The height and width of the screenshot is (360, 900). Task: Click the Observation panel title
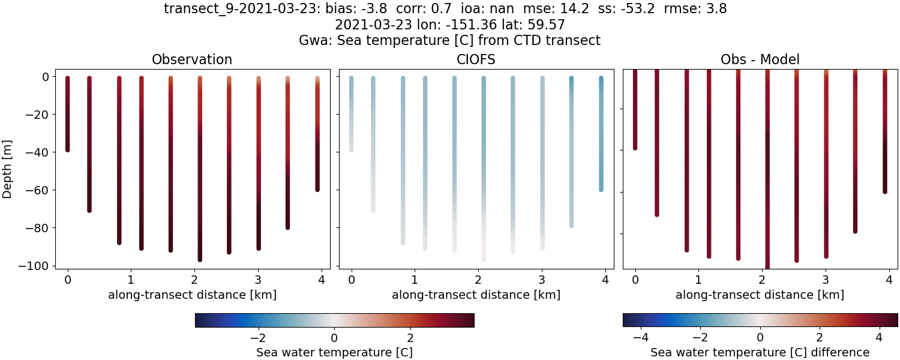point(192,59)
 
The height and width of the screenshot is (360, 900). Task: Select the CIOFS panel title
point(476,59)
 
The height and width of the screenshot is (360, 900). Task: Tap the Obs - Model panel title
point(760,59)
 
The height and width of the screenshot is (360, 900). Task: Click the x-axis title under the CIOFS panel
point(476,295)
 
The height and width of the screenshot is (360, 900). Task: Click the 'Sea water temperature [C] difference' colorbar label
point(760,352)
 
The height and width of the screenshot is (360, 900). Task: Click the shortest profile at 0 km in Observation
point(67,114)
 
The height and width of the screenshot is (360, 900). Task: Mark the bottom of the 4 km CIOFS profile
point(601,189)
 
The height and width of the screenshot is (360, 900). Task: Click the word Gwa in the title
point(311,40)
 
